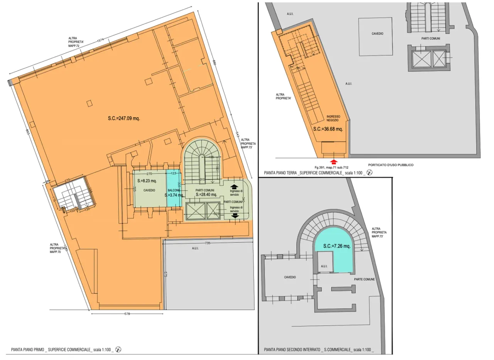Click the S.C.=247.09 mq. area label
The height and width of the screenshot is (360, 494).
point(124,118)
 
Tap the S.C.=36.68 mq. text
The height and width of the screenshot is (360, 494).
point(328,129)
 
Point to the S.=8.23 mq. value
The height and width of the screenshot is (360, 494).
point(147,181)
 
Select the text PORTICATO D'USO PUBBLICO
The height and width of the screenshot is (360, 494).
point(391,165)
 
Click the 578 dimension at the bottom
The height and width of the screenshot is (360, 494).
point(127,314)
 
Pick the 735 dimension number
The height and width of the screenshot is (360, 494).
point(208,243)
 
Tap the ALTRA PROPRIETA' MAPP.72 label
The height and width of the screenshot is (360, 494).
point(74,42)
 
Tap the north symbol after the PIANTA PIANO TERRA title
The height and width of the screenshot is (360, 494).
point(370,173)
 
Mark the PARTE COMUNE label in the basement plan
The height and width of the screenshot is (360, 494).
point(364,279)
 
